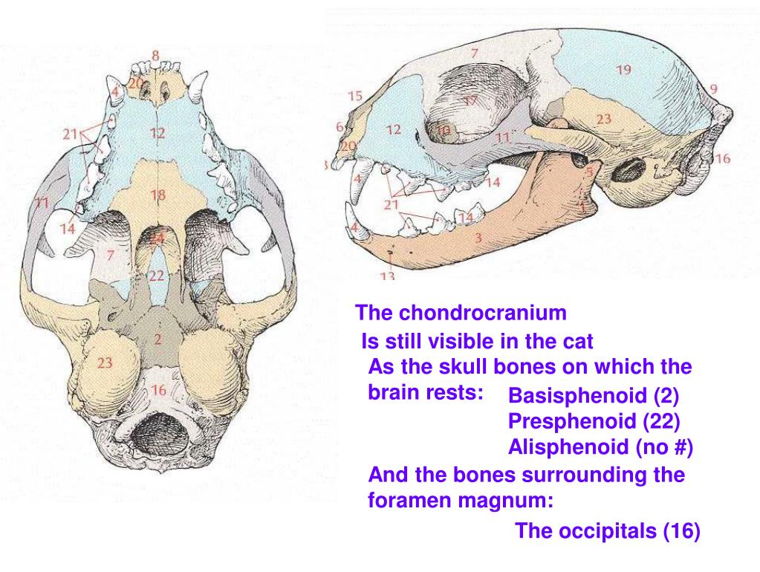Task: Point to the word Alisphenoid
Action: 568,448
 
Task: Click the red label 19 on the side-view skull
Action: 623,70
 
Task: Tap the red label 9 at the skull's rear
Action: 714,88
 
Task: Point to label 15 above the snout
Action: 354,96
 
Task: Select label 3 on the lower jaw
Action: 478,238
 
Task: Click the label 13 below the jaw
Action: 387,276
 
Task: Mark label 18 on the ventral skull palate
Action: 157,195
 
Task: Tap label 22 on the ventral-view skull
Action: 156,275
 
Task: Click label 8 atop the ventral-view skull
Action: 155,54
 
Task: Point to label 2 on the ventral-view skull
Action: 157,339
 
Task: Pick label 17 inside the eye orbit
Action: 470,100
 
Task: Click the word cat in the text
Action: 579,342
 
